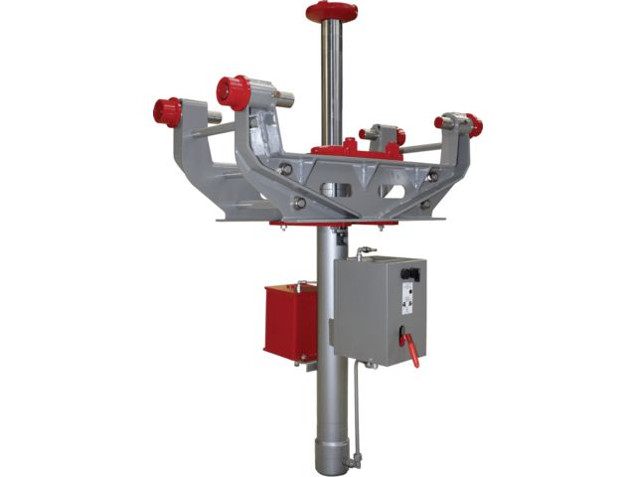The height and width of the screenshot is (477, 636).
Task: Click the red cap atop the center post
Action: pos(331,11)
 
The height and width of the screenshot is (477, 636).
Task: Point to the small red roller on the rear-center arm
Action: pos(397,135)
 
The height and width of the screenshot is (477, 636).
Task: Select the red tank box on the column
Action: pos(289,321)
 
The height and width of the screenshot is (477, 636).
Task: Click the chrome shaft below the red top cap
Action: pos(331,79)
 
